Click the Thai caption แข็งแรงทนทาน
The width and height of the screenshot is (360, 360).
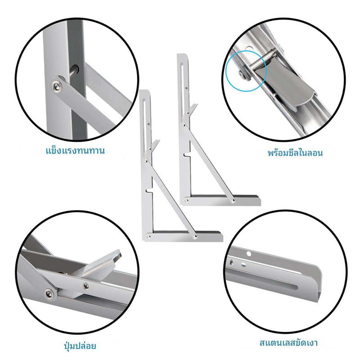[x=75, y=151]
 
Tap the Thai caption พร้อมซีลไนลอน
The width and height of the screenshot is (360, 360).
[x=295, y=153]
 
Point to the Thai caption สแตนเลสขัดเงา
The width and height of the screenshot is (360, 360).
[x=288, y=343]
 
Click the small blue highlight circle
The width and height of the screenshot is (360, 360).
[x=246, y=71]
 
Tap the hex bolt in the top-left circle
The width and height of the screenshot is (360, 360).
[x=57, y=86]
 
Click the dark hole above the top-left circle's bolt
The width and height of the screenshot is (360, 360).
[x=75, y=68]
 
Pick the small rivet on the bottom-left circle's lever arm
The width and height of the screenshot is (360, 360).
[x=86, y=286]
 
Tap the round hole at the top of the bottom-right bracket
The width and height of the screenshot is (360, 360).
[x=249, y=254]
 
